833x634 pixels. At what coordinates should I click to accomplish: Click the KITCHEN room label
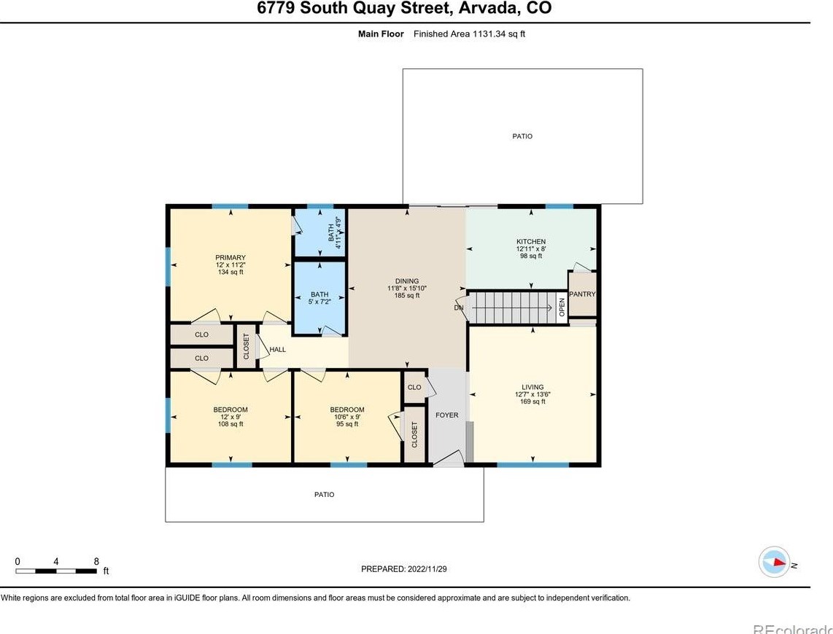click(531, 241)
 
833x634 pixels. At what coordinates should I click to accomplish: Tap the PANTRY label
click(582, 294)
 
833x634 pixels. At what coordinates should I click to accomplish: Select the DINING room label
click(407, 281)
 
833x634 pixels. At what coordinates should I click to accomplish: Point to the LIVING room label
click(532, 387)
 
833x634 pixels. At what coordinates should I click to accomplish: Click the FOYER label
click(447, 415)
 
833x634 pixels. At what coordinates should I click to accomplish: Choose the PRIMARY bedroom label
click(230, 258)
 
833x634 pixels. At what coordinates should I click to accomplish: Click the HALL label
click(278, 350)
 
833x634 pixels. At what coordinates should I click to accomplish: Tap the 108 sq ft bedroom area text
click(230, 424)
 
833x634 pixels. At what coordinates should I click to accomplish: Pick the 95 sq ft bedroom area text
click(347, 424)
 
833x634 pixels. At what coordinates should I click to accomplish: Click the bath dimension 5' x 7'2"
click(319, 302)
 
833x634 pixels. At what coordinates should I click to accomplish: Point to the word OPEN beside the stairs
click(562, 308)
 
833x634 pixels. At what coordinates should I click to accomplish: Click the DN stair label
click(459, 308)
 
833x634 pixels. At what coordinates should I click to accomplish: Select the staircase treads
click(514, 308)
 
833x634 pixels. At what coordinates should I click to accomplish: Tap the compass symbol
click(775, 562)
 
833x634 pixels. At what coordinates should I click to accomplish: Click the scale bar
click(56, 571)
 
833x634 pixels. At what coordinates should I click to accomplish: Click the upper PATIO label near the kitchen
click(522, 136)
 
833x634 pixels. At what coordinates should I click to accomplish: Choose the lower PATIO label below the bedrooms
click(324, 495)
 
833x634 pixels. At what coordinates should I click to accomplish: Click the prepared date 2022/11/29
click(427, 568)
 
